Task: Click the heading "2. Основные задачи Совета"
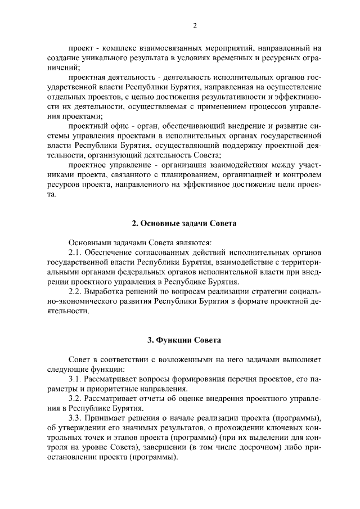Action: (184, 223)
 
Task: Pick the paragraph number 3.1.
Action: (75, 379)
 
